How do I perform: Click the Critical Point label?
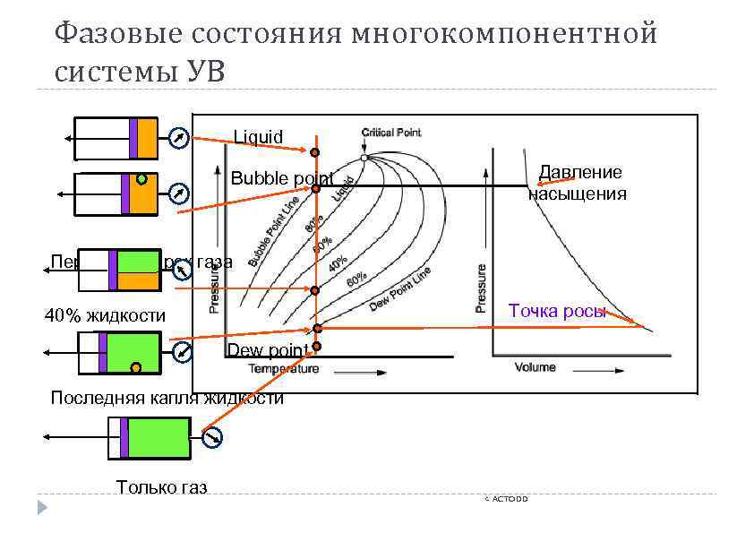[390, 133]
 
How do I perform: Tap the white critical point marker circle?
[364, 158]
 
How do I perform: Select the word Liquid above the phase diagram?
[258, 137]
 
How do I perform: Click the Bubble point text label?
[282, 177]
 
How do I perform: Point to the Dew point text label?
[269, 349]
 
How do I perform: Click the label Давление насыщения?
[578, 183]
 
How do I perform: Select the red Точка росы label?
[557, 311]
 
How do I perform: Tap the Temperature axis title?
[283, 368]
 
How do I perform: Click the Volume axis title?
[535, 366]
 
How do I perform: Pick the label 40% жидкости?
[106, 315]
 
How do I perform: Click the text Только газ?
[161, 487]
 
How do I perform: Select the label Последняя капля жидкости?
[167, 399]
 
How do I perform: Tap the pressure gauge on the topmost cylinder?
[179, 138]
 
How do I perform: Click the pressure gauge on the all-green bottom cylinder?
[213, 438]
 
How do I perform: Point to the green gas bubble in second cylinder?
[141, 179]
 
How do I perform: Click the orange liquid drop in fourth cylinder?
[135, 367]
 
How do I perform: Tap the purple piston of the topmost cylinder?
[133, 138]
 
